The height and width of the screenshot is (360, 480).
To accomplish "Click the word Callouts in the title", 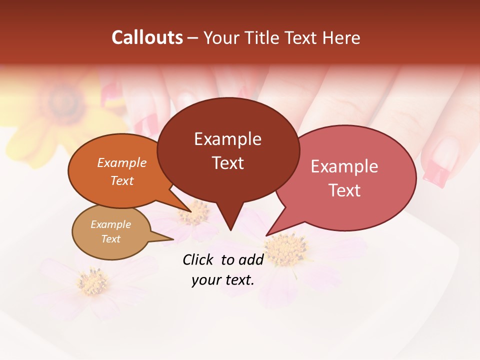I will pos(147,37).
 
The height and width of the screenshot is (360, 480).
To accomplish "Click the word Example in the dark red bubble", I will pos(227,139).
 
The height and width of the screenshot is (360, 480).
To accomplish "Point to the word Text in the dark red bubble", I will pos(227,163).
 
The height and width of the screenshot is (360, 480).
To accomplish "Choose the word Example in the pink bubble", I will pos(344,166).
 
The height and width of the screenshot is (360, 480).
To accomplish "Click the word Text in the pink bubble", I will pos(344,190).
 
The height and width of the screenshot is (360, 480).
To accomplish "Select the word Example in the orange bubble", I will pos(121,163).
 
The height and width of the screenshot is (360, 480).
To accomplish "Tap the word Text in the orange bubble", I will pos(121,180).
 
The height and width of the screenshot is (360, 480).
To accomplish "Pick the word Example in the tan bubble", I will pos(110,224).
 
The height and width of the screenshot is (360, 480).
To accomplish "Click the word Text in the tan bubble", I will pos(110,239).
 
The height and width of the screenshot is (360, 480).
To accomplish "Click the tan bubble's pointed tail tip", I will pos(173,239).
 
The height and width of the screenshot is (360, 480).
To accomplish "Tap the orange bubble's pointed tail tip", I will pos(190,211).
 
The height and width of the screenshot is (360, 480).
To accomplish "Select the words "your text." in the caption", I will pos(223,280).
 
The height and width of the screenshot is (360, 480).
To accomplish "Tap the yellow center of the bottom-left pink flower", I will pos(92,283).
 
